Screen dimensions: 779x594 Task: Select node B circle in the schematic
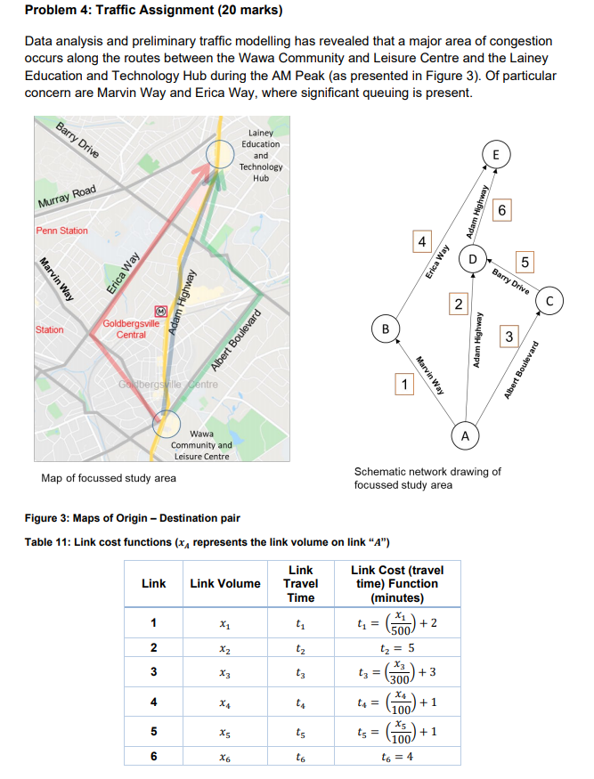coord(386,329)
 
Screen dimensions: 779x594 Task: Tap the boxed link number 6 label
coord(503,210)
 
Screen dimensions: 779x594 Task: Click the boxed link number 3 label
coord(509,336)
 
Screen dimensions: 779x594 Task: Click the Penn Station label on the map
coord(62,231)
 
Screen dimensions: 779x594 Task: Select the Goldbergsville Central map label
coord(131,329)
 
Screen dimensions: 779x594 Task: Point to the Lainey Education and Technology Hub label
coord(261,155)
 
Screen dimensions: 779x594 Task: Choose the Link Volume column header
coord(225,583)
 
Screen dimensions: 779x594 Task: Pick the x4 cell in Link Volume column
coord(225,703)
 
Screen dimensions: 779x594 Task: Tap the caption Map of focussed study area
coord(109,478)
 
